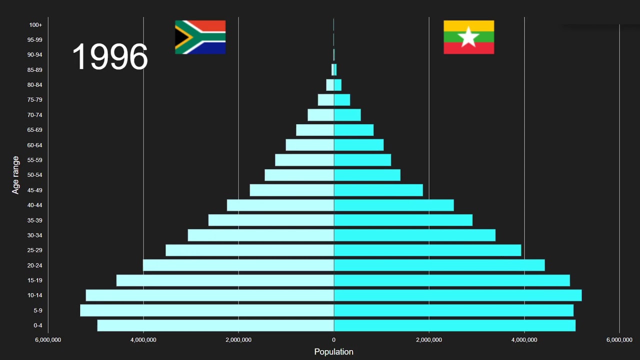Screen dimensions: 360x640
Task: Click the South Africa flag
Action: [200, 37]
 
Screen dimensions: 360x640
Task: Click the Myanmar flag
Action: [468, 37]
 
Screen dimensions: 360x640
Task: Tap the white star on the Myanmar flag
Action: [468, 37]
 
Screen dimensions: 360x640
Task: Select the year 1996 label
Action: [110, 56]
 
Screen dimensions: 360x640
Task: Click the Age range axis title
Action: [16, 175]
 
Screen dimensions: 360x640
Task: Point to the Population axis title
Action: [333, 351]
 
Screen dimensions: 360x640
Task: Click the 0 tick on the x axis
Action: [333, 340]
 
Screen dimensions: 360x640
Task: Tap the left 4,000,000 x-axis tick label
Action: [143, 340]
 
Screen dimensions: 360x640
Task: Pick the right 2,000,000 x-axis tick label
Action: [429, 340]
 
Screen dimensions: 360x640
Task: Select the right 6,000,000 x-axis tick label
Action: [619, 340]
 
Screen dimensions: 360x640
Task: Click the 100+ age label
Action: [35, 25]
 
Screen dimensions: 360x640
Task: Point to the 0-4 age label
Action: [38, 325]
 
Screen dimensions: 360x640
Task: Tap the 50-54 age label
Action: [35, 175]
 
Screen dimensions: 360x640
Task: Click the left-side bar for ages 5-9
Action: [207, 310]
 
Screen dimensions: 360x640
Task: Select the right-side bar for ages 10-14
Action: [457, 295]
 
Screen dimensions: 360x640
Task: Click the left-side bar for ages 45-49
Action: [292, 190]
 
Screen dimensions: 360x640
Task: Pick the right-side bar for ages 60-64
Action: [358, 145]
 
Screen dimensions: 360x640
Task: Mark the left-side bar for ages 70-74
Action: [320, 115]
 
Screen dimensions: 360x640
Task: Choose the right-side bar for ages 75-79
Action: [342, 100]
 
